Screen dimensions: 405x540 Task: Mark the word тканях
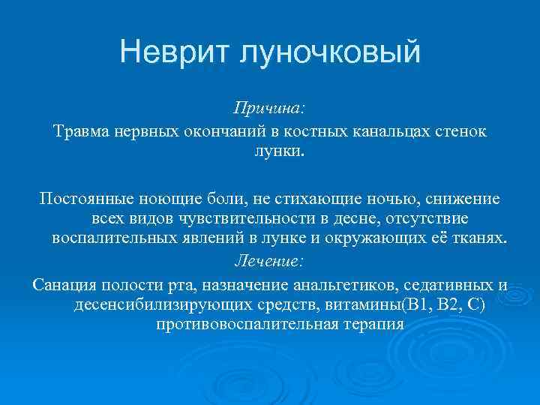coord(481,238)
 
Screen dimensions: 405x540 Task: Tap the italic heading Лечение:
coord(269,262)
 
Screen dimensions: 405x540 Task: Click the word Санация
coord(61,285)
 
